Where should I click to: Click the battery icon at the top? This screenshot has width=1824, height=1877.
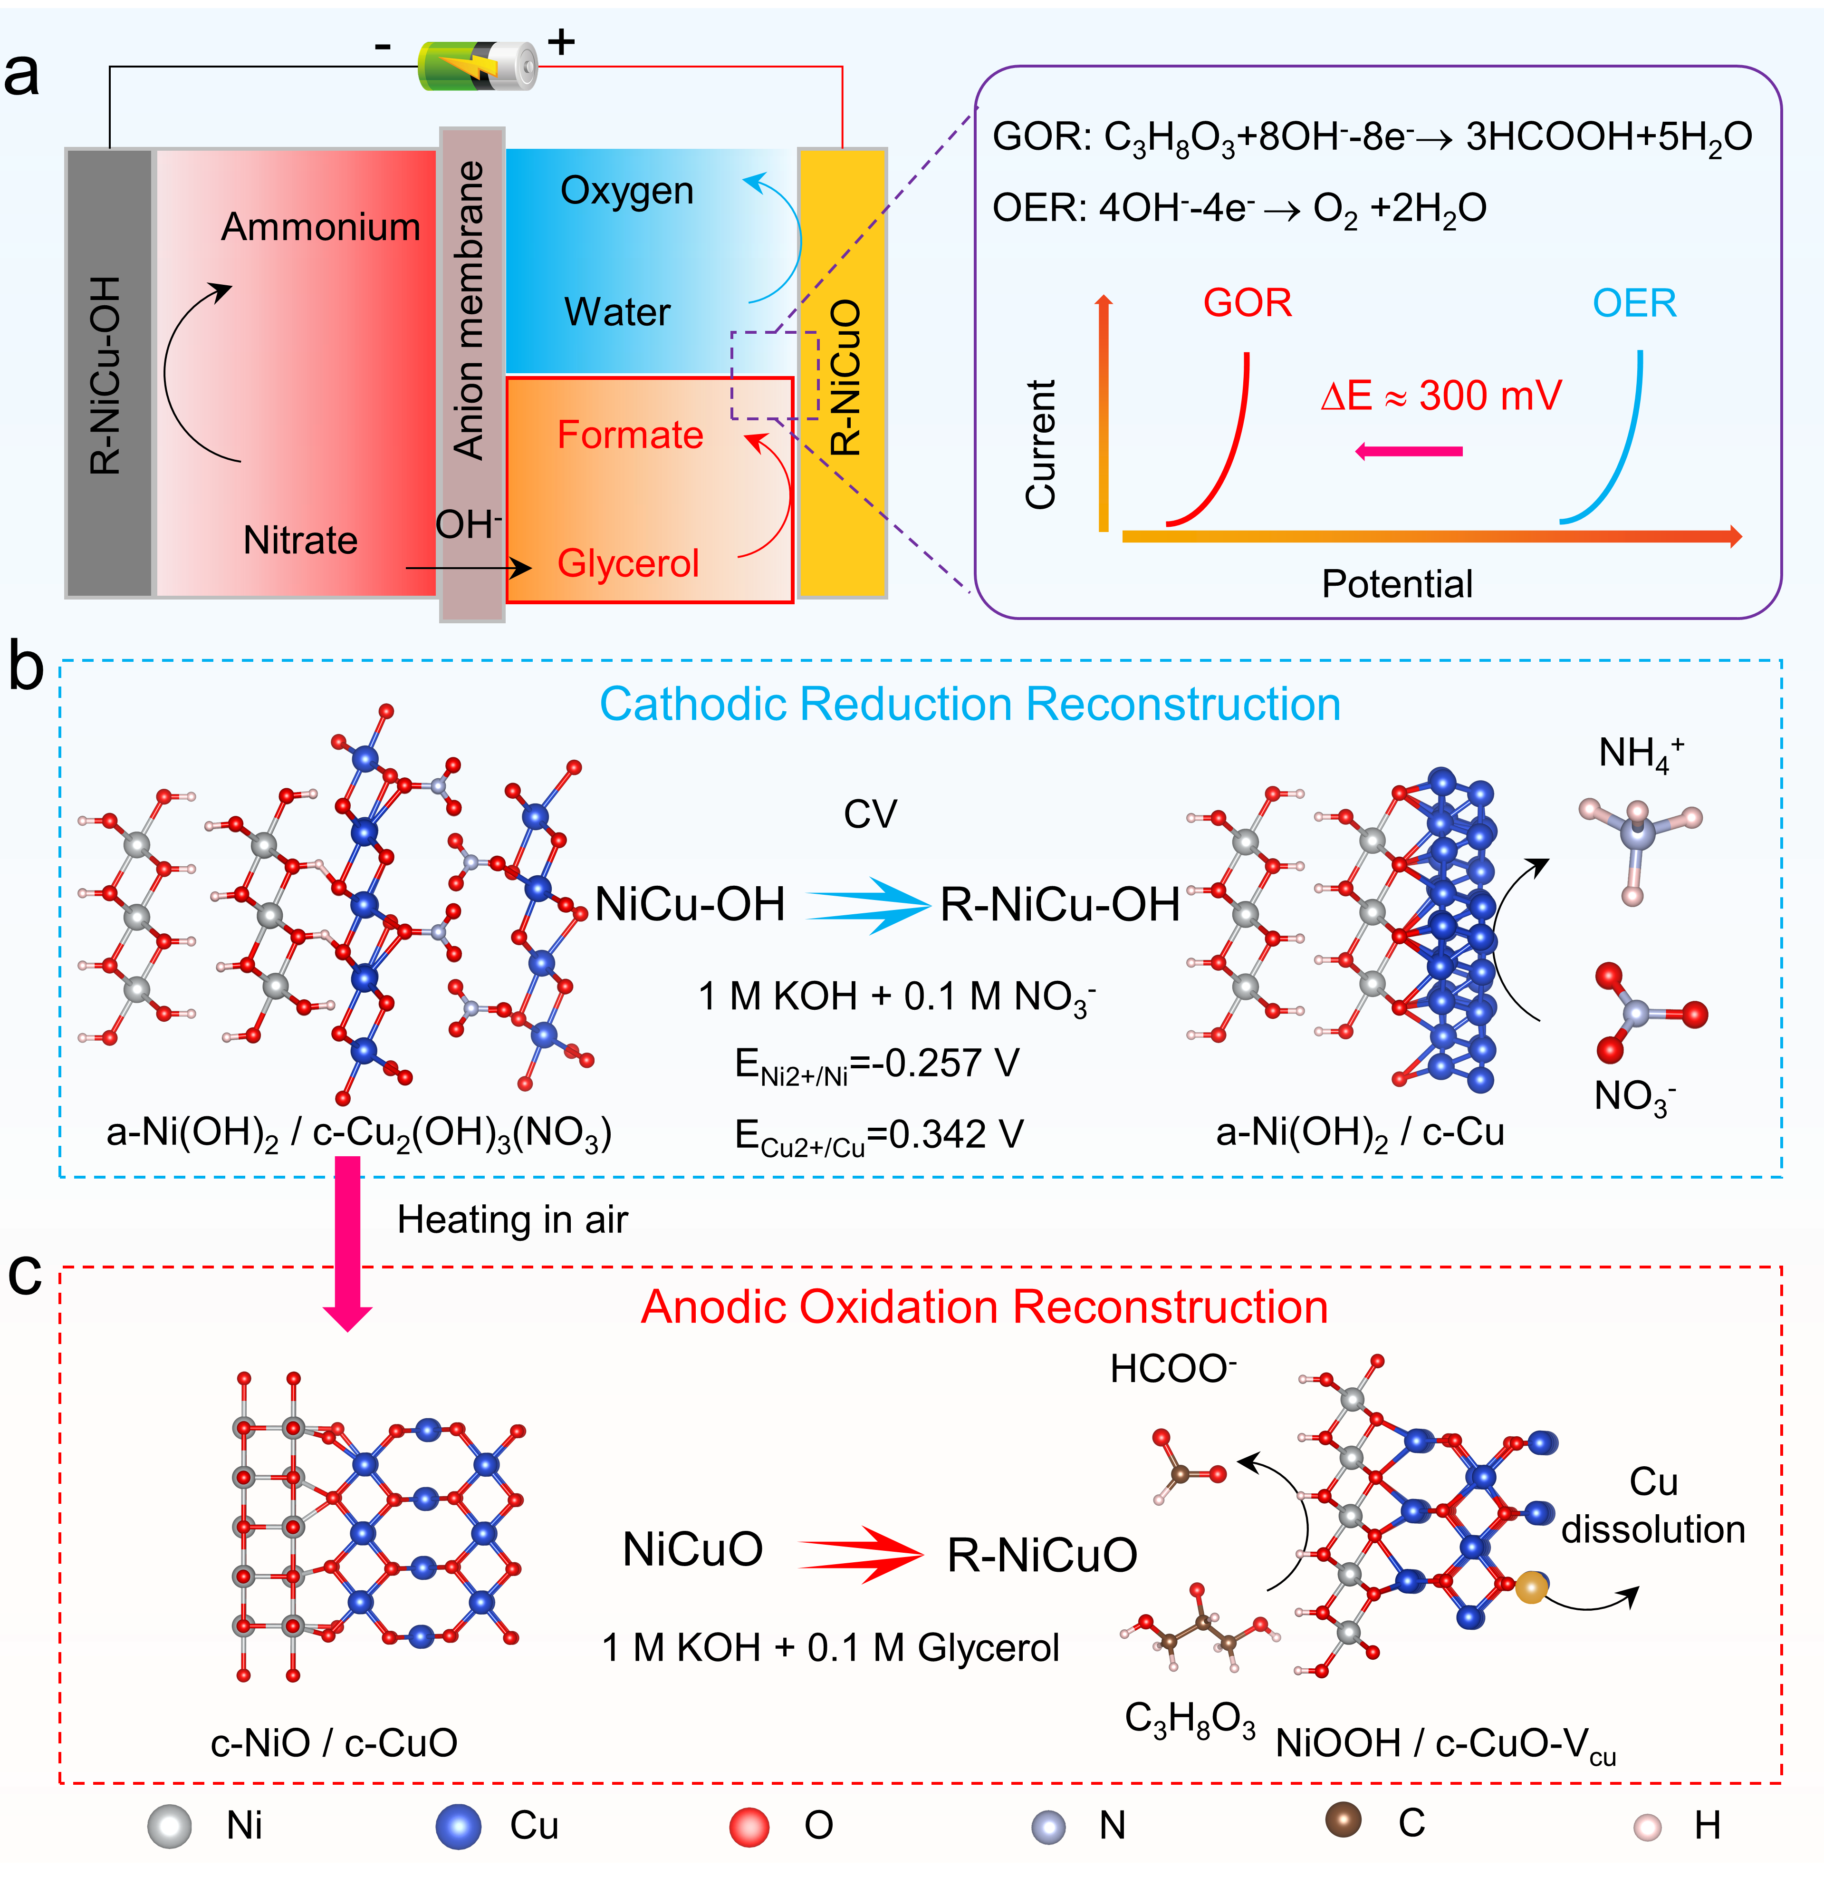477,65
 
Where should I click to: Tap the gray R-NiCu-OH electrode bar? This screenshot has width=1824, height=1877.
108,374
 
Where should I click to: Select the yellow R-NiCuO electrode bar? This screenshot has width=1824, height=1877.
843,374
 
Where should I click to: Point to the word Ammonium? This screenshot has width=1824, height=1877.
321,227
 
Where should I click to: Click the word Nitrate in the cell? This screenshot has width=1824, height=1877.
300,541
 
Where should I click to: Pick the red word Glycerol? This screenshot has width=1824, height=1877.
628,563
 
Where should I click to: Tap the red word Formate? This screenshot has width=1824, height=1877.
630,435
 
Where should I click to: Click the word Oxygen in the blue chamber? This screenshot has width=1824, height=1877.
626,191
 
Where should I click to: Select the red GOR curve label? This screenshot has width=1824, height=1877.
1248,303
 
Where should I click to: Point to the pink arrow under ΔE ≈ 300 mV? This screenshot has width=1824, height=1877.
1408,451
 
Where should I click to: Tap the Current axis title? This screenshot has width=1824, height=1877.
1040,444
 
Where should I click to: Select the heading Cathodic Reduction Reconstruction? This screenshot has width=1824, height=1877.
970,704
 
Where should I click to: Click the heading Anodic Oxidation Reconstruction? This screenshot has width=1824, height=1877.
984,1307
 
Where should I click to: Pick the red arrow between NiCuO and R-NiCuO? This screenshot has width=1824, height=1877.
860,1554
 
